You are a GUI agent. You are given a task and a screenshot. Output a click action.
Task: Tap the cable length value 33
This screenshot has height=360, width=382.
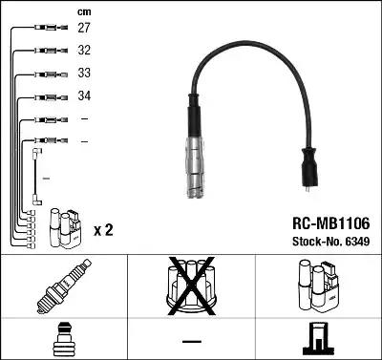pyautogui.click(x=84, y=74)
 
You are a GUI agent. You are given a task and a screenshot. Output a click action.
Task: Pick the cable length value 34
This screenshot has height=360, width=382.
pyautogui.click(x=84, y=96)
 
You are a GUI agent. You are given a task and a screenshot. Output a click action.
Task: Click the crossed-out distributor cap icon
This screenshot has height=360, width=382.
pyautogui.click(x=190, y=287)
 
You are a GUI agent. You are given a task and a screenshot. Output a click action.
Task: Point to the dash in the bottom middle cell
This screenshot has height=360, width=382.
pyautogui.click(x=190, y=341)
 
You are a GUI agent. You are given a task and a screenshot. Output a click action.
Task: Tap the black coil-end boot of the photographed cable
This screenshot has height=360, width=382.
pyautogui.click(x=310, y=168)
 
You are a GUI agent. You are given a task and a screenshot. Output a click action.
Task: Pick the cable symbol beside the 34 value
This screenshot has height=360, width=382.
pyautogui.click(x=46, y=96)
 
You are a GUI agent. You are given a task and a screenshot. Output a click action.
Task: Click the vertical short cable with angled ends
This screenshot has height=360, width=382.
pyautogui.click(x=36, y=176)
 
